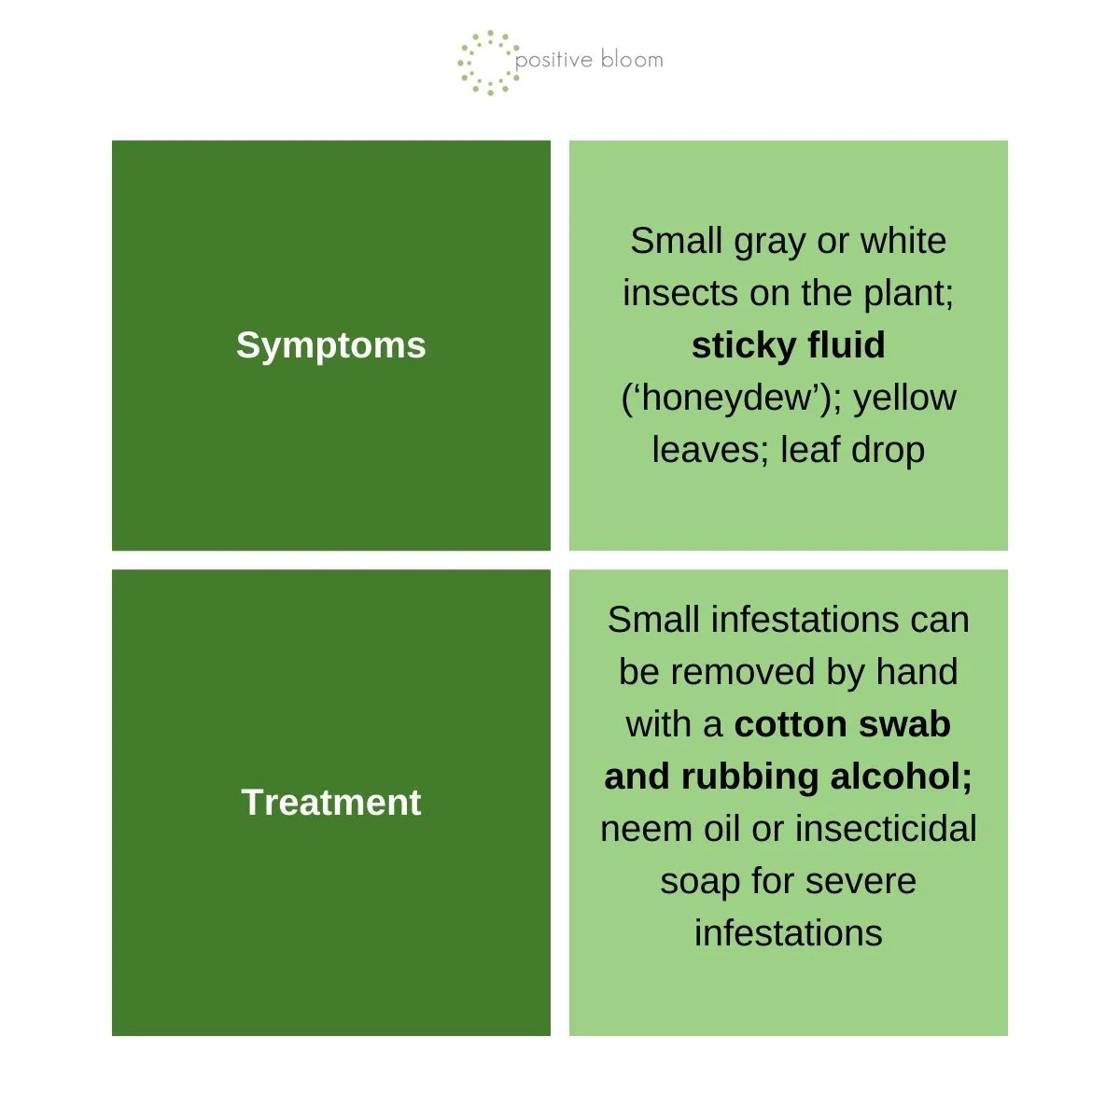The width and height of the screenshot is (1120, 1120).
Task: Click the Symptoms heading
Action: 330,346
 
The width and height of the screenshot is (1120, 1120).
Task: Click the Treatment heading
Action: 330,803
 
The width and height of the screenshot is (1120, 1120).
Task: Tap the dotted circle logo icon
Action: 488,63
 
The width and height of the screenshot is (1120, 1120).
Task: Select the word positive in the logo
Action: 553,61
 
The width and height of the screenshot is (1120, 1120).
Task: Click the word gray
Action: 769,242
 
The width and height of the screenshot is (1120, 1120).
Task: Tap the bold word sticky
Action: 743,346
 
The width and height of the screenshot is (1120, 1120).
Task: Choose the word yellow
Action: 905,399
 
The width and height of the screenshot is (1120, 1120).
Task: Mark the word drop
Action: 889,451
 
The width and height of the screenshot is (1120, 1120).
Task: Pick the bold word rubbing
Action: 749,778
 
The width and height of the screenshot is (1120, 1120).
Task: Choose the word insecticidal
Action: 879,829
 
